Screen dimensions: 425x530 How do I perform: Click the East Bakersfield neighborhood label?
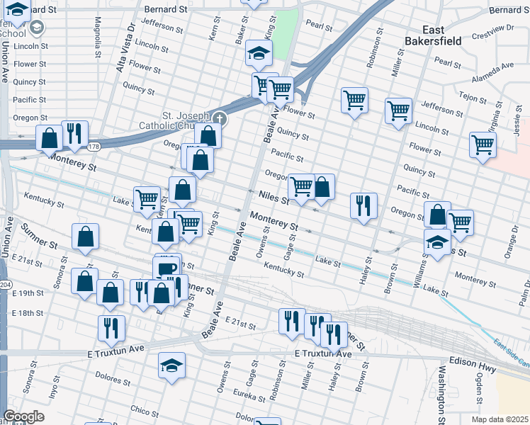click(x=432, y=35)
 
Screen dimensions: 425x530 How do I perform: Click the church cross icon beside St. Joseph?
click(x=220, y=118)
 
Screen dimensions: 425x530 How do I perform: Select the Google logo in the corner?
click(x=23, y=416)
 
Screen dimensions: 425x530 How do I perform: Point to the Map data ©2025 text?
click(x=500, y=419)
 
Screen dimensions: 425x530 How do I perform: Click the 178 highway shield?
click(x=94, y=147)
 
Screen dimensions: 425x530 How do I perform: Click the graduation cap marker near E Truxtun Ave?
click(x=171, y=366)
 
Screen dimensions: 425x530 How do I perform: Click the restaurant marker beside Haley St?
click(x=363, y=205)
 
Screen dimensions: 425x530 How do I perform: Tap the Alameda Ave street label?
click(x=495, y=67)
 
